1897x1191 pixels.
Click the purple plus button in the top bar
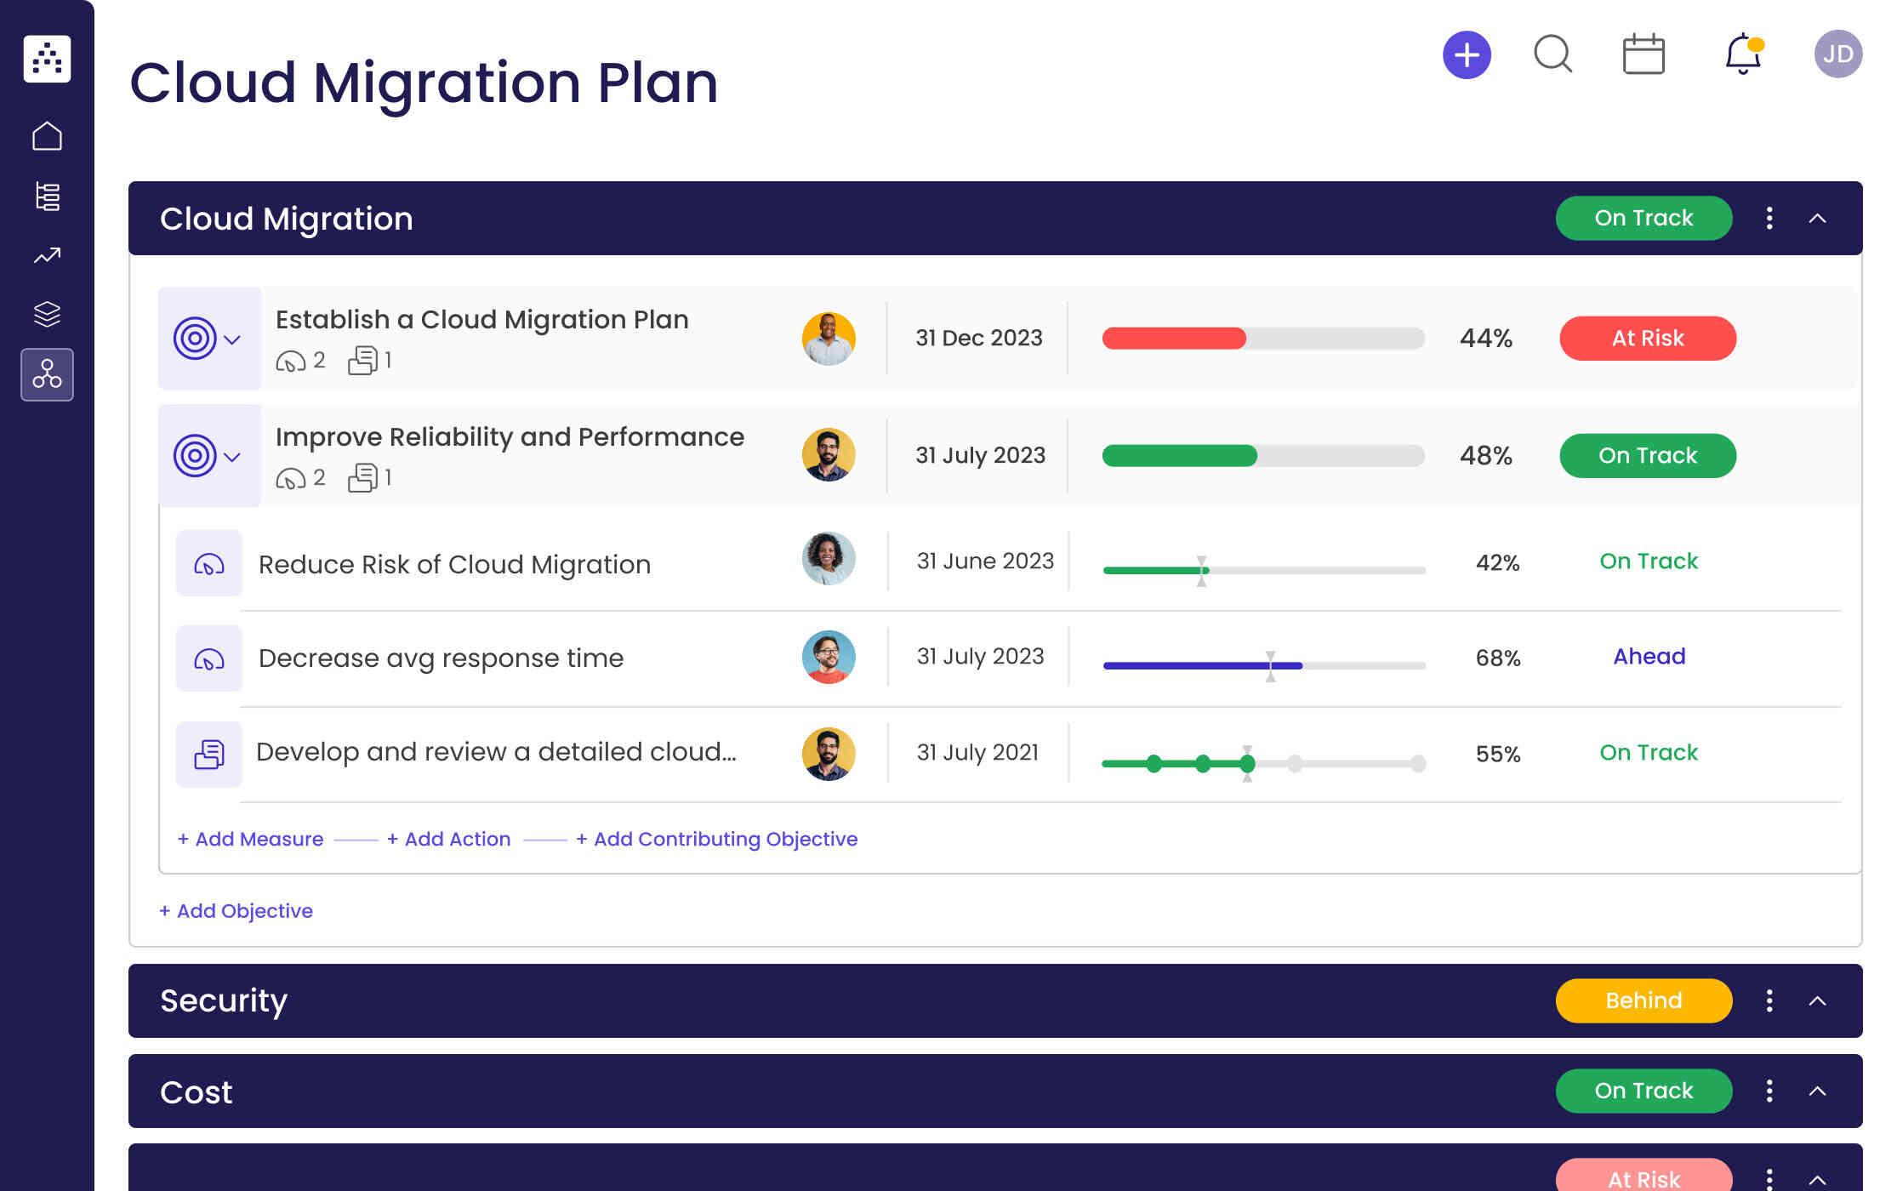[x=1467, y=55]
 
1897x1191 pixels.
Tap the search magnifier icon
[x=1552, y=54]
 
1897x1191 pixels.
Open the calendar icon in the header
[x=1643, y=54]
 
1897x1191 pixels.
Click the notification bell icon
[x=1742, y=54]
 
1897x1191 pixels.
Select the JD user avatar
[x=1837, y=54]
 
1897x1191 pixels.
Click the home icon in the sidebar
[x=47, y=136]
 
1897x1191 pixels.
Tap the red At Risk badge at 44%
[x=1647, y=339]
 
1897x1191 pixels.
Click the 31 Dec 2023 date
[x=978, y=339]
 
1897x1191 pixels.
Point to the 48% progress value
[x=1485, y=456]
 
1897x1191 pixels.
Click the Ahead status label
[x=1649, y=657]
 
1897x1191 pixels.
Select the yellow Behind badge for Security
[x=1643, y=1000]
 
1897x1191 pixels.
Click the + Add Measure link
[x=250, y=839]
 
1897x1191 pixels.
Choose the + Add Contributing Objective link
[x=716, y=839]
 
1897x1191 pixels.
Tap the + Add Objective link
[x=236, y=911]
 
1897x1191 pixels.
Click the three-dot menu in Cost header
[x=1769, y=1091]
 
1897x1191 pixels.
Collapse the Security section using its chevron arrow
[x=1817, y=1000]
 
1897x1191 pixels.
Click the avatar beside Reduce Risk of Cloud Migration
[x=828, y=559]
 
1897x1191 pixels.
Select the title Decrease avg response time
[x=441, y=658]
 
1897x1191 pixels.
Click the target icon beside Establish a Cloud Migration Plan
[x=195, y=339]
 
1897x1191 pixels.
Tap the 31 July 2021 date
[x=977, y=753]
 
